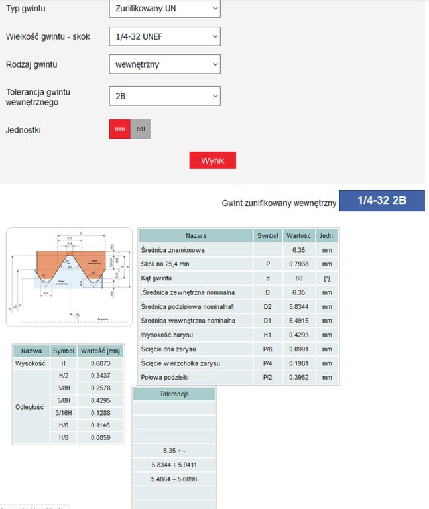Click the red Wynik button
(212, 160)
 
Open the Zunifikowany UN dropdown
(164, 8)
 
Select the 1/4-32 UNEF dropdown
(164, 36)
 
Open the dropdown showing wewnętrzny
(164, 64)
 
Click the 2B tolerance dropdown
(164, 96)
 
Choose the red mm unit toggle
(119, 129)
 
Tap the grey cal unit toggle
(141, 129)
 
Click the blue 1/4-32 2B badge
(381, 201)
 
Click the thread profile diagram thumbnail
(69, 277)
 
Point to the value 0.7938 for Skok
(294, 264)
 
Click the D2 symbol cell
(268, 306)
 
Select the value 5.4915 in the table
(294, 321)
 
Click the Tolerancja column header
(174, 394)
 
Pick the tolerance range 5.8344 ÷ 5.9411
(174, 465)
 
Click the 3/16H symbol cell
(64, 413)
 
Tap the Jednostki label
(23, 130)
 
